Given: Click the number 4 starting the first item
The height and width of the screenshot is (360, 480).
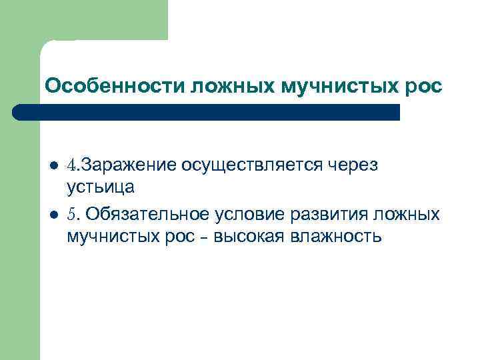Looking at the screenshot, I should tap(71, 165).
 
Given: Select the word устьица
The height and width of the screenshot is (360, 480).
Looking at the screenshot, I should tap(100, 187).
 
